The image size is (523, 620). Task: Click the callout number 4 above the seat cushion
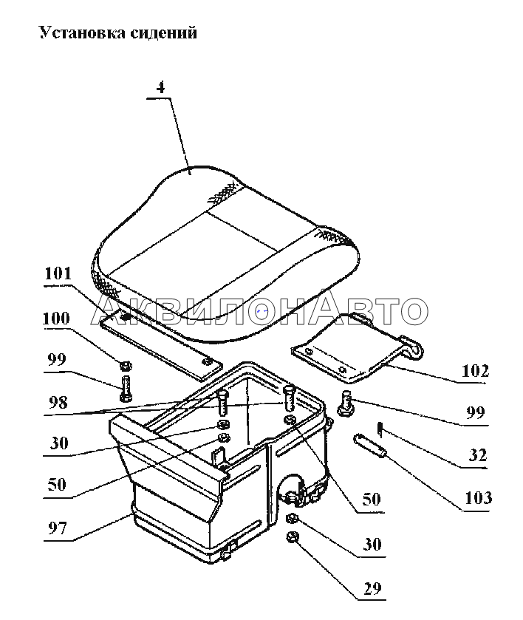pyautogui.click(x=160, y=87)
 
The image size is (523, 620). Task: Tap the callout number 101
pyautogui.click(x=58, y=273)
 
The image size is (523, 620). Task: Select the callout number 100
pyautogui.click(x=56, y=318)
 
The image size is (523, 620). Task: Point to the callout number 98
pyautogui.click(x=58, y=403)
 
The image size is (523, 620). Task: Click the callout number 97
pyautogui.click(x=58, y=528)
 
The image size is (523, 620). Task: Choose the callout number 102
pyautogui.click(x=475, y=371)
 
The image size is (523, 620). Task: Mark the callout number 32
pyautogui.click(x=477, y=455)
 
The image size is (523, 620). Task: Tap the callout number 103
pyautogui.click(x=479, y=498)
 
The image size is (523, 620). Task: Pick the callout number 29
pyautogui.click(x=372, y=589)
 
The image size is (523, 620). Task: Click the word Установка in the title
pyautogui.click(x=82, y=33)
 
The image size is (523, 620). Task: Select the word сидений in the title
pyautogui.click(x=163, y=33)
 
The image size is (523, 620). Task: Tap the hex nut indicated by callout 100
pyautogui.click(x=126, y=366)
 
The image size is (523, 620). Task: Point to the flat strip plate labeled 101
pyautogui.click(x=160, y=344)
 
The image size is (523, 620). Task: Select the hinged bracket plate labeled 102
pyautogui.click(x=357, y=348)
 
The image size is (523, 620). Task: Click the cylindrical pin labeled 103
pyautogui.click(x=369, y=446)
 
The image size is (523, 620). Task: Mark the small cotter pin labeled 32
pyautogui.click(x=380, y=429)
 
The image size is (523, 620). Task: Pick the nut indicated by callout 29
pyautogui.click(x=293, y=537)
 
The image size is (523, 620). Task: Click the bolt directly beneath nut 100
pyautogui.click(x=126, y=389)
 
